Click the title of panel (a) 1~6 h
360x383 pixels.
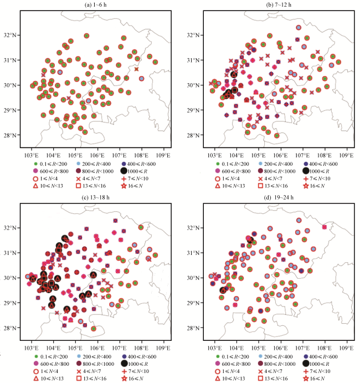[91, 5]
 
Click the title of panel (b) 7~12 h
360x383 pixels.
[270, 5]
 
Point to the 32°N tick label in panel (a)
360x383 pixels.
[11, 35]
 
